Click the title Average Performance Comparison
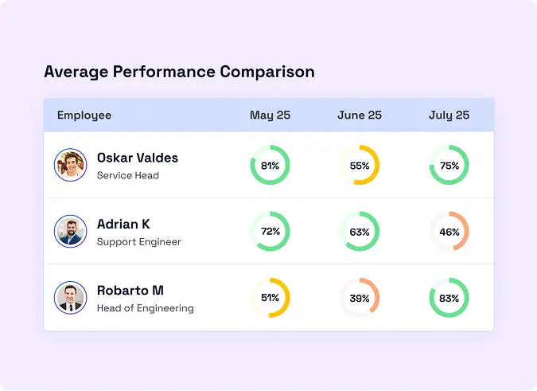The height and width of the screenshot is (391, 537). pos(179,72)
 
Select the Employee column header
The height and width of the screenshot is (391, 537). pos(84,115)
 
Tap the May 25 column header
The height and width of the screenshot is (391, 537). pos(270,115)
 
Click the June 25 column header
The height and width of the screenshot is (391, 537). pos(360,115)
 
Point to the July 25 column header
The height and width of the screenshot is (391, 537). pos(449,115)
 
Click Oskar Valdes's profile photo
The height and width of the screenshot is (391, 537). pos(70,165)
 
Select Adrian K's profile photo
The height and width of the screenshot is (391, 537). pos(70,231)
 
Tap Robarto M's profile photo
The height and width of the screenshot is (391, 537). pos(70,297)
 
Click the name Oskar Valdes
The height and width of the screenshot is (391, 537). pos(138,158)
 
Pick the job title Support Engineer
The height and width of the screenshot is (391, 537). pos(139,241)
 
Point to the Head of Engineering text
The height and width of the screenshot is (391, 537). pos(146,307)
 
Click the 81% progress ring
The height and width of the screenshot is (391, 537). pos(270,166)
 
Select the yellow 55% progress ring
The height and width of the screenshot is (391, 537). pos(360,166)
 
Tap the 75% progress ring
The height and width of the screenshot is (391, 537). pos(449,166)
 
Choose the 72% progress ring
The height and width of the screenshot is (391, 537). pos(270,232)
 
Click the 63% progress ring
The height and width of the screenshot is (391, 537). pos(360,232)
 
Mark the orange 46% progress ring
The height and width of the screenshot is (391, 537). pos(449,232)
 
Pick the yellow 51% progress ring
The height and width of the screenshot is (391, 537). pos(270,298)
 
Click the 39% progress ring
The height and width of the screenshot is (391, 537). pos(360,298)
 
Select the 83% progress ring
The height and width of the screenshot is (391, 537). pos(449,298)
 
